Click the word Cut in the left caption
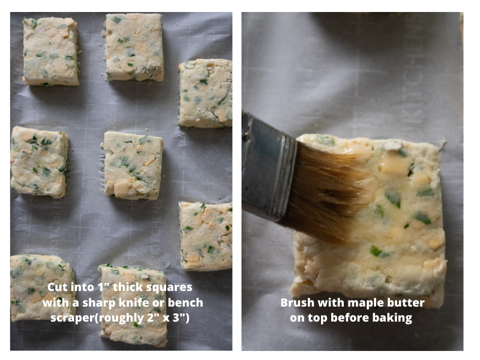click(58, 287)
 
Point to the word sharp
click(98, 304)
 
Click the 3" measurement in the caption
click(181, 317)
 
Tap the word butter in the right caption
click(407, 302)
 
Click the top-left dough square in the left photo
click(50, 51)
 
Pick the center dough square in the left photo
click(133, 166)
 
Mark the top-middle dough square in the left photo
click(134, 47)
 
